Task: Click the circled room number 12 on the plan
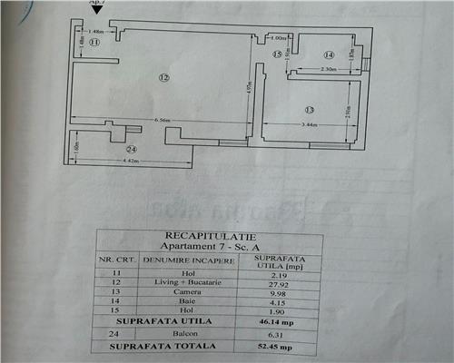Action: click(x=163, y=78)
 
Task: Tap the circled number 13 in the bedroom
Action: click(x=309, y=109)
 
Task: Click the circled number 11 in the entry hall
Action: click(x=94, y=42)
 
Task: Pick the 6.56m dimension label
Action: click(x=163, y=120)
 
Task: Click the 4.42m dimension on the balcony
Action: click(x=112, y=162)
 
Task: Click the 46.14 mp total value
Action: click(x=281, y=322)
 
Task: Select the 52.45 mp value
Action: click(x=281, y=345)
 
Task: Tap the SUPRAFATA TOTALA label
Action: click(x=163, y=345)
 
